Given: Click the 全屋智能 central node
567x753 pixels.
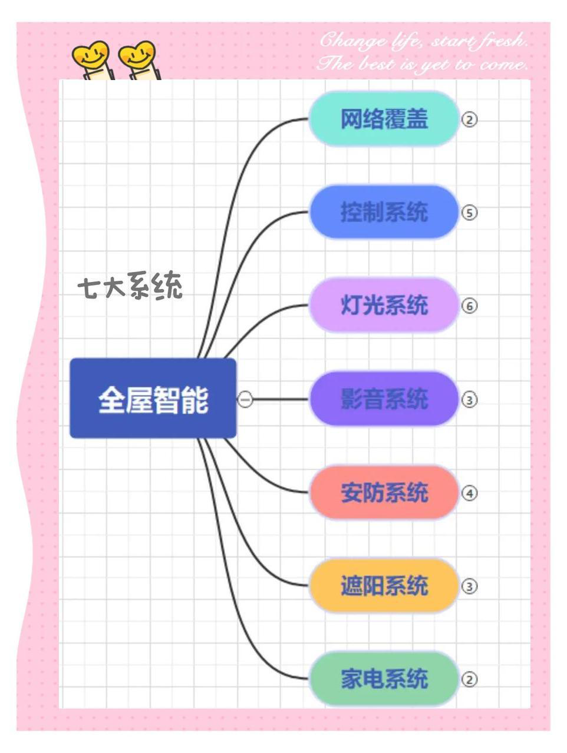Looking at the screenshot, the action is (153, 399).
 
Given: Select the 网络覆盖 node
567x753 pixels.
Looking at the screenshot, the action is (384, 119).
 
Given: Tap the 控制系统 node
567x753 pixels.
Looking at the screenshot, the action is (384, 212).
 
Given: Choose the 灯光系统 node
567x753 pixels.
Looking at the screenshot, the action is (384, 305).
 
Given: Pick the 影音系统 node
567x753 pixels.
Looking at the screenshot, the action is (384, 399).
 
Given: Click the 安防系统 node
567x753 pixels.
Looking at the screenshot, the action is (384, 492).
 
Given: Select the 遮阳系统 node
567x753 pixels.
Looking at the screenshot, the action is (384, 586).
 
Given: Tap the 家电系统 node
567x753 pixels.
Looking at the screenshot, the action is (384, 679).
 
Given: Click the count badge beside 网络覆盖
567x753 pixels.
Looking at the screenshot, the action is (469, 120).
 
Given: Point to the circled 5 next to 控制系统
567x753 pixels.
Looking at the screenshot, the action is (469, 213).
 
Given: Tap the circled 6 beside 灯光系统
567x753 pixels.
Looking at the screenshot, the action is (469, 306).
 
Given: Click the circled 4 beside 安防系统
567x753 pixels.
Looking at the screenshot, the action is (469, 493).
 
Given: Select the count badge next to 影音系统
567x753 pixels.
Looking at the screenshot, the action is (469, 400).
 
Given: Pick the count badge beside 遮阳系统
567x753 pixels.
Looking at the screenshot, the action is (469, 586).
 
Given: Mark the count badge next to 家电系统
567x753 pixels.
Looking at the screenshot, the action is (469, 679).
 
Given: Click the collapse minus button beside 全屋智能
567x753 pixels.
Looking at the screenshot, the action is (245, 399).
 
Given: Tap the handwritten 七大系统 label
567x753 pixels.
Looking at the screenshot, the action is (130, 286).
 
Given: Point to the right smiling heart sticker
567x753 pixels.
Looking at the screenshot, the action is (139, 60).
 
